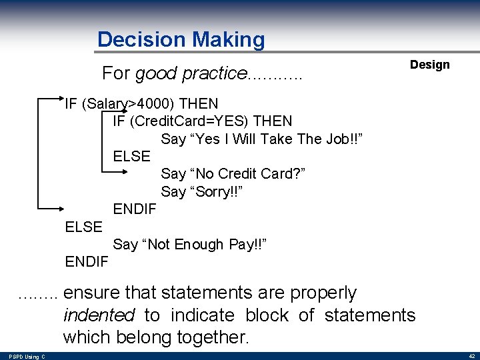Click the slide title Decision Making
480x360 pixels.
(181, 40)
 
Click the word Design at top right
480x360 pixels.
(429, 65)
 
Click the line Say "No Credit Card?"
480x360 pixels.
(233, 173)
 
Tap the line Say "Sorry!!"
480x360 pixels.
(201, 191)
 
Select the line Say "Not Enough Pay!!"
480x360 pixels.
(190, 244)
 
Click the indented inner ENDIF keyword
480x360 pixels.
(135, 209)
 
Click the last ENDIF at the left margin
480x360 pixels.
(87, 261)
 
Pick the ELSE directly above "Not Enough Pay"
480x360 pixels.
(84, 227)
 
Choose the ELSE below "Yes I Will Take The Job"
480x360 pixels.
(132, 156)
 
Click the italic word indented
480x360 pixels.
(99, 315)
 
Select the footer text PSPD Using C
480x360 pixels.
(27, 357)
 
